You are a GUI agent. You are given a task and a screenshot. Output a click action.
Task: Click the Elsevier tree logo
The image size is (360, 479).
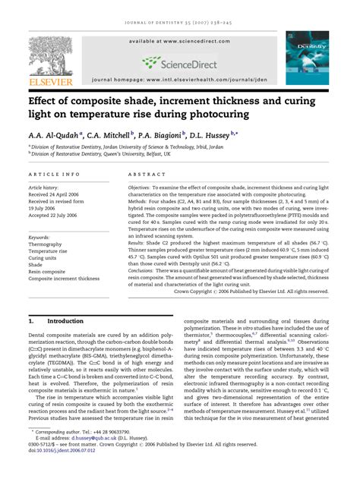[x=50, y=55]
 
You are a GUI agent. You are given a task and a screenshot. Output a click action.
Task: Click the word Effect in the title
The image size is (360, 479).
[x=46, y=99]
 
